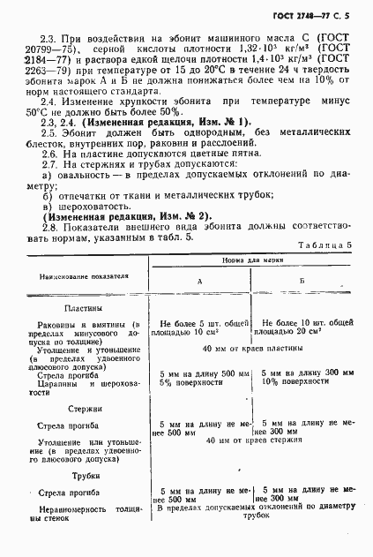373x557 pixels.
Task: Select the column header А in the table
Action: click(x=200, y=281)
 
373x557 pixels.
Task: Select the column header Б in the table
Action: click(x=302, y=280)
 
